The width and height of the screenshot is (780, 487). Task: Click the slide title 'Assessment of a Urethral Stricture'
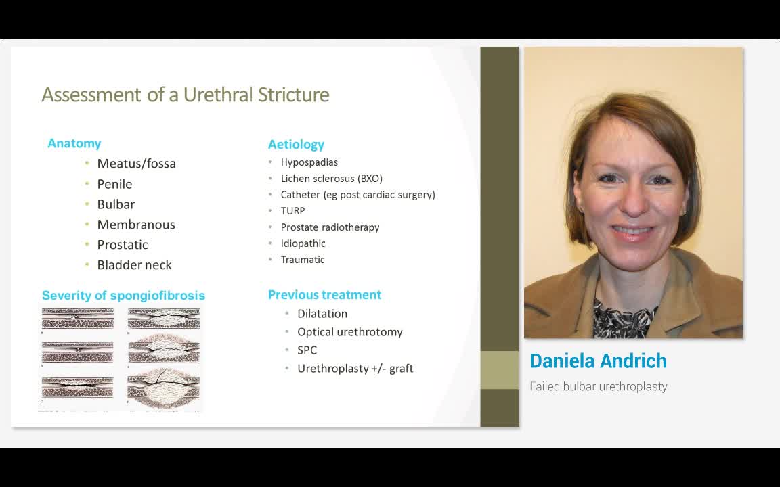coord(186,95)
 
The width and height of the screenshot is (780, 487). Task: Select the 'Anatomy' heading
coord(74,143)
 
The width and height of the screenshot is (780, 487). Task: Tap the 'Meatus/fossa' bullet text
coord(136,164)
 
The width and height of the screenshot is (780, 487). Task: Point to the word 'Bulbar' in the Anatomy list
coord(116,204)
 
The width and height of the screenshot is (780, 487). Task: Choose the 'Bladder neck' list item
coord(134,265)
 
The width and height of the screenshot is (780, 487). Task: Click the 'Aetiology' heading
coord(296,145)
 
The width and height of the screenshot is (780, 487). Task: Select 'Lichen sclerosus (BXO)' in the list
coord(332,179)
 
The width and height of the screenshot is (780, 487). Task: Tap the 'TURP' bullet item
coord(292,211)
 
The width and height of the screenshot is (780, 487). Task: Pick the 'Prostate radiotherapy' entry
coord(330,227)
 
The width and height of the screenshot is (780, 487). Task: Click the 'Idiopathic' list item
coord(303,243)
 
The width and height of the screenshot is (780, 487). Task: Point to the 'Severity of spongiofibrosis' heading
coord(123,296)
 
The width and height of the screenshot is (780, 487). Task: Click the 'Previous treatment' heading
coord(324,295)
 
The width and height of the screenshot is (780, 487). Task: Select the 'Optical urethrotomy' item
coord(349,332)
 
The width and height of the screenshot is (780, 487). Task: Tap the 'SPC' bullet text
coord(307,350)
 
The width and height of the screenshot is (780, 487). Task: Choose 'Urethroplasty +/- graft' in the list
coord(355,369)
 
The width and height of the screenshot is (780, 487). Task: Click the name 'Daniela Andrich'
coord(598,361)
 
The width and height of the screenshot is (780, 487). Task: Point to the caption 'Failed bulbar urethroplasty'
coord(599,387)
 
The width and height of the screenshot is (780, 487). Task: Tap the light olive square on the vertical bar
coord(499,370)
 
